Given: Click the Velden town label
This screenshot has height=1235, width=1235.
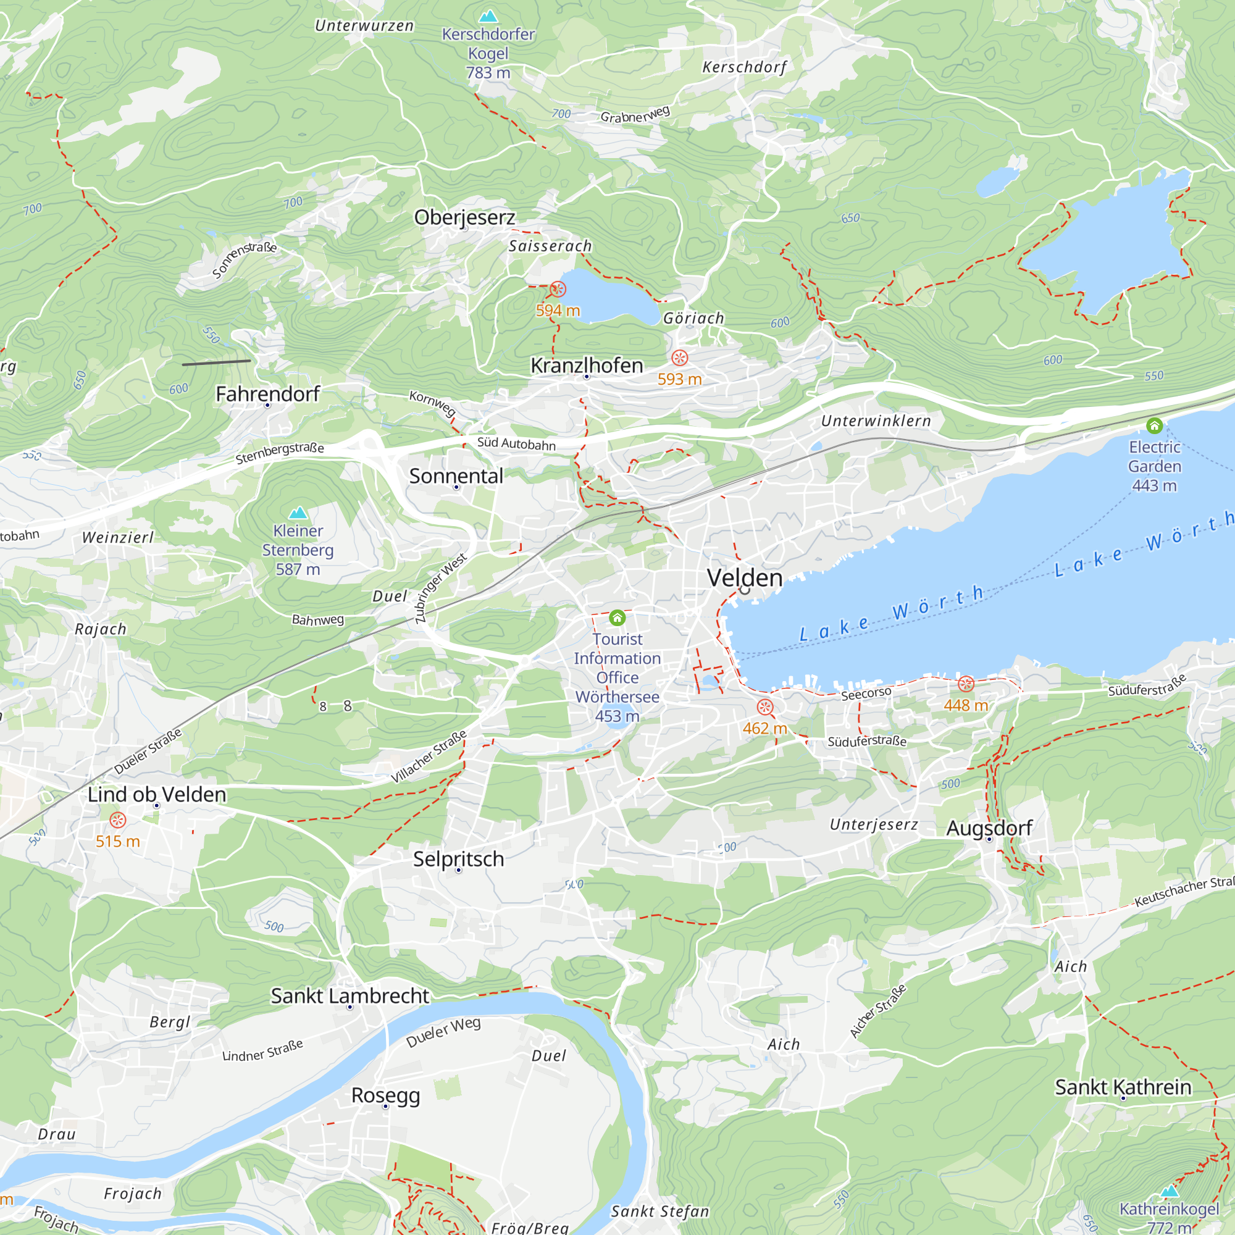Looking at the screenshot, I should (x=745, y=578).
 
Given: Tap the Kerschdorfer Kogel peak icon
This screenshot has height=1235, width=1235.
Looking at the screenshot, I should (x=488, y=15).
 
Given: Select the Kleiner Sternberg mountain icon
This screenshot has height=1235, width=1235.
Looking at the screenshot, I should (x=298, y=513).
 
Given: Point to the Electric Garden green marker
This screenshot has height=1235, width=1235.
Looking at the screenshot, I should (x=1155, y=425).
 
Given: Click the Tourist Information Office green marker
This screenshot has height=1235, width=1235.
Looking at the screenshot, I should (x=617, y=617).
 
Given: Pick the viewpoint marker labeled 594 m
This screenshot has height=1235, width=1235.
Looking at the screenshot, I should (x=558, y=289).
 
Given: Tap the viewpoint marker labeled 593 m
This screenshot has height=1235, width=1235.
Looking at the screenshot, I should (x=679, y=358).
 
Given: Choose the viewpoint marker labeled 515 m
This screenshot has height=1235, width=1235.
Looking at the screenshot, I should (x=117, y=820).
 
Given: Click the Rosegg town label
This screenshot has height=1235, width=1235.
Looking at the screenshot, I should (x=385, y=1095).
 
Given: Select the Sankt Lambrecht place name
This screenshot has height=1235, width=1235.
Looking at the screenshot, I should (x=350, y=996).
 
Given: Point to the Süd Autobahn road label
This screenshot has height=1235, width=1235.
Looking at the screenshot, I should (x=516, y=443).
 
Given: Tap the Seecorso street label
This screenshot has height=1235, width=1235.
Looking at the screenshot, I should (x=866, y=694).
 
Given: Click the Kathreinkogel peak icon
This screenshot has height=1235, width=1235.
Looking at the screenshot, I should (x=1169, y=1191).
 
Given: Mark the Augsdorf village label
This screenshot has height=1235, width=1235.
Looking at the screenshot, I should (x=989, y=828).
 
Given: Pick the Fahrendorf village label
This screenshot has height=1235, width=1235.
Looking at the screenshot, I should (x=267, y=394).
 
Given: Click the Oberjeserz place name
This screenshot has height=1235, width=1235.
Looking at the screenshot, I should (x=465, y=217).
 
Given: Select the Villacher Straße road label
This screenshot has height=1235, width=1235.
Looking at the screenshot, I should (x=429, y=756).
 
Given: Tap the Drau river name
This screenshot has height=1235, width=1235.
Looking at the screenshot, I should (x=57, y=1134).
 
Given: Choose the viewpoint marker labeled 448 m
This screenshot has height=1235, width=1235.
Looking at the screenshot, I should (x=966, y=684).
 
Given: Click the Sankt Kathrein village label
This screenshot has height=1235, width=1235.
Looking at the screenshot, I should (x=1123, y=1087).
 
